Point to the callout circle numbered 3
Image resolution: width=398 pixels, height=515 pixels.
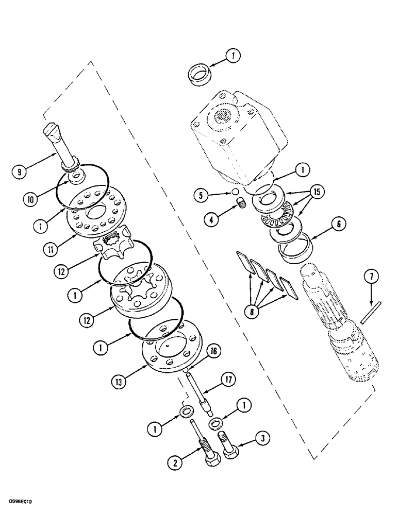(264, 438)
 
